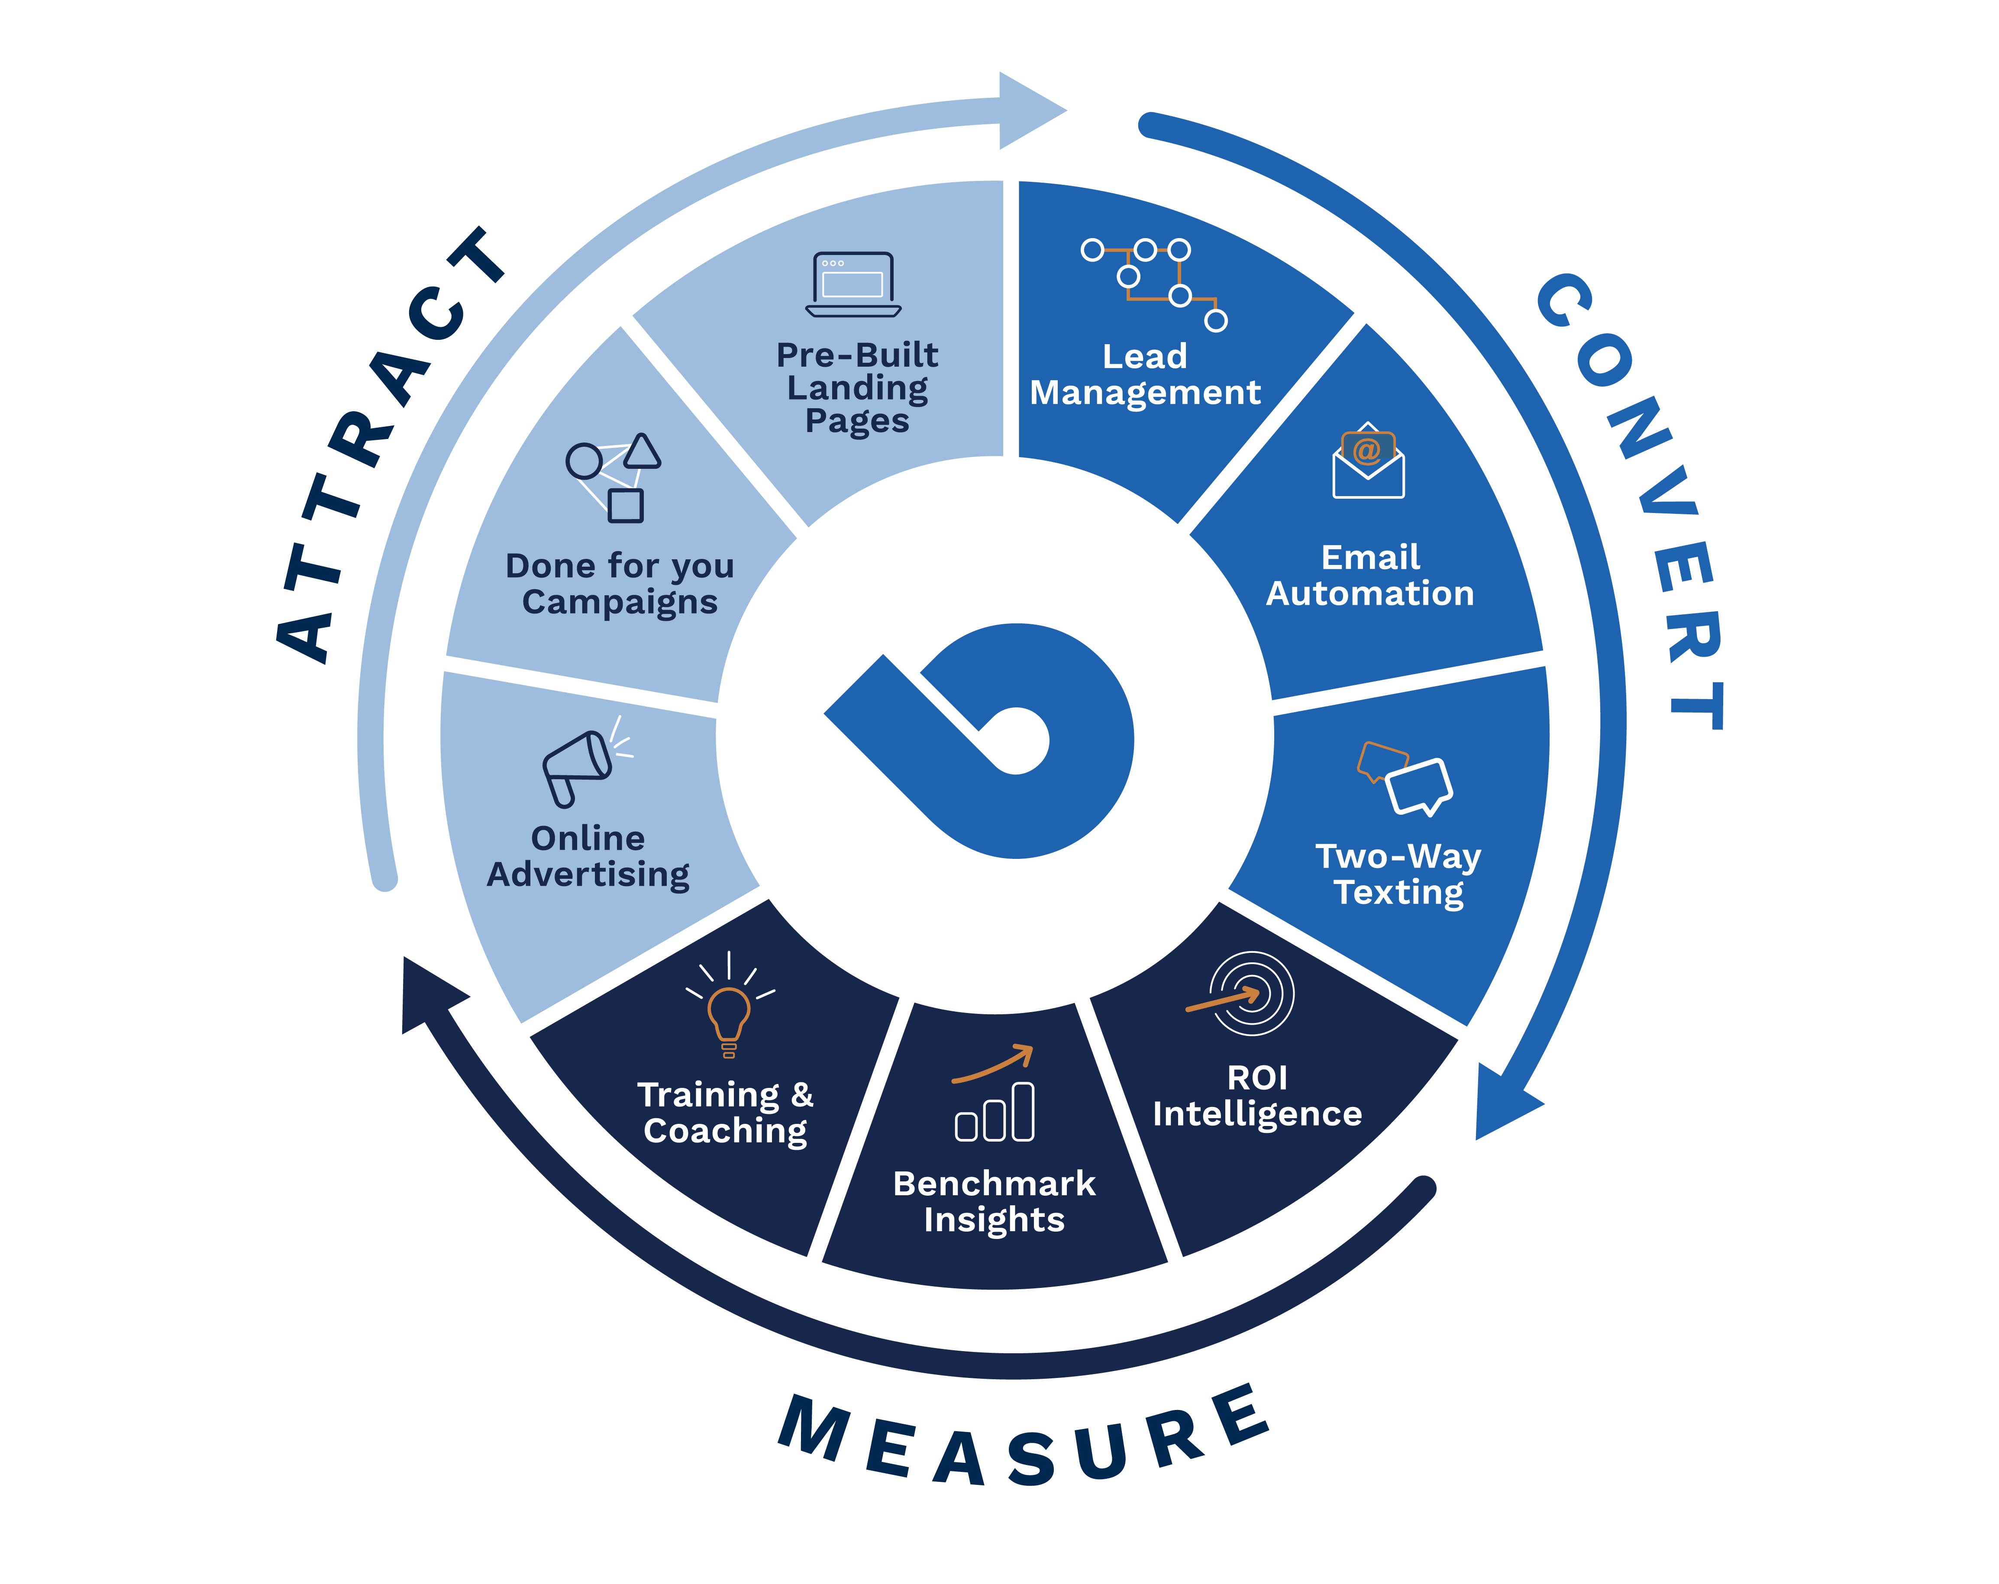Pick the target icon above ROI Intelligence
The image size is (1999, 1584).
[1247, 994]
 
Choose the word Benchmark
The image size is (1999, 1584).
[994, 1184]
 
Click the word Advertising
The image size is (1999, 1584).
[588, 874]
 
